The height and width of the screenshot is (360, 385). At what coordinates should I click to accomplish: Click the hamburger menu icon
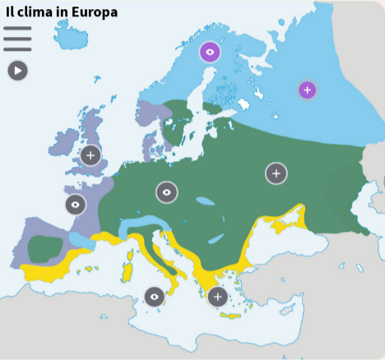(17, 39)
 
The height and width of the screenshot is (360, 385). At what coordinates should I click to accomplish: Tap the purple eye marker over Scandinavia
(211, 53)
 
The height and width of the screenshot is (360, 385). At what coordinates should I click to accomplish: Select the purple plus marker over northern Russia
(307, 90)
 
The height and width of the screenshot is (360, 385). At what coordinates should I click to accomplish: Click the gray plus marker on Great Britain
(90, 155)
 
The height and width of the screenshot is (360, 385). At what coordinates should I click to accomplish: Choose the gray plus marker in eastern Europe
(276, 173)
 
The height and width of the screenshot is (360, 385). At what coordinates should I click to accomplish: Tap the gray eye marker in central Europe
(166, 192)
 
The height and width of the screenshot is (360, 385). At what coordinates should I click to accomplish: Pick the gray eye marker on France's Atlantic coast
(76, 205)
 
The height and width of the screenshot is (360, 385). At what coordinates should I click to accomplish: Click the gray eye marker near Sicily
(154, 296)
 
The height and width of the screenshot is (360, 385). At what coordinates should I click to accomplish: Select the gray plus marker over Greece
(217, 297)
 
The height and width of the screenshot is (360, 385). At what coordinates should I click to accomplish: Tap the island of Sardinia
(126, 270)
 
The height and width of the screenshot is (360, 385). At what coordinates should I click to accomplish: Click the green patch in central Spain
(46, 247)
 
